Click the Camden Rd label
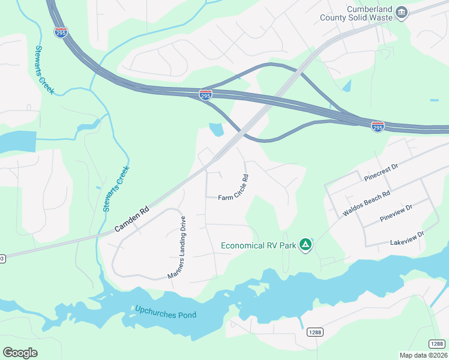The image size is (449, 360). pyautogui.click(x=132, y=220)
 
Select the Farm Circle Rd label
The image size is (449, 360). pyautogui.click(x=234, y=193)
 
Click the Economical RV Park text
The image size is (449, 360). pyautogui.click(x=259, y=245)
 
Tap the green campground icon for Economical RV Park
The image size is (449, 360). pyautogui.click(x=306, y=244)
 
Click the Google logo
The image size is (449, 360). pyautogui.click(x=20, y=353)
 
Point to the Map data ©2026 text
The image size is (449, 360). pyautogui.click(x=423, y=355)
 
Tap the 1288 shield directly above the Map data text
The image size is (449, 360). pyautogui.click(x=437, y=343)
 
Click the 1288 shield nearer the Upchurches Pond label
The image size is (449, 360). pyautogui.click(x=315, y=332)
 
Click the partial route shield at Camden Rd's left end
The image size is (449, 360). pyautogui.click(x=2, y=258)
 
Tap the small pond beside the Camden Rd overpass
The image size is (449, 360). pyautogui.click(x=216, y=128)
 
